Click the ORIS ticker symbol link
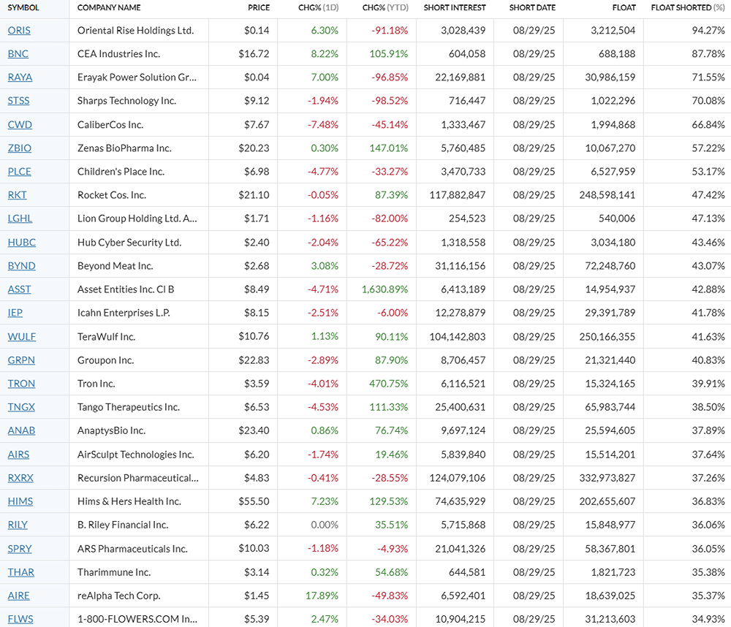pos(19,30)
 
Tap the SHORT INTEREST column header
pos(455,7)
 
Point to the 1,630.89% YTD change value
pos(385,289)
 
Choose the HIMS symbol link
pos(20,501)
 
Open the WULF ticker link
pos(21,337)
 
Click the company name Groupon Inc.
pos(107,360)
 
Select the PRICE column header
pos(259,7)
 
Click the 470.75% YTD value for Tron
pos(388,384)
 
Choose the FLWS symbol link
pos(20,619)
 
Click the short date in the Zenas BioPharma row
pos(534,148)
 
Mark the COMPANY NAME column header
pos(109,7)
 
